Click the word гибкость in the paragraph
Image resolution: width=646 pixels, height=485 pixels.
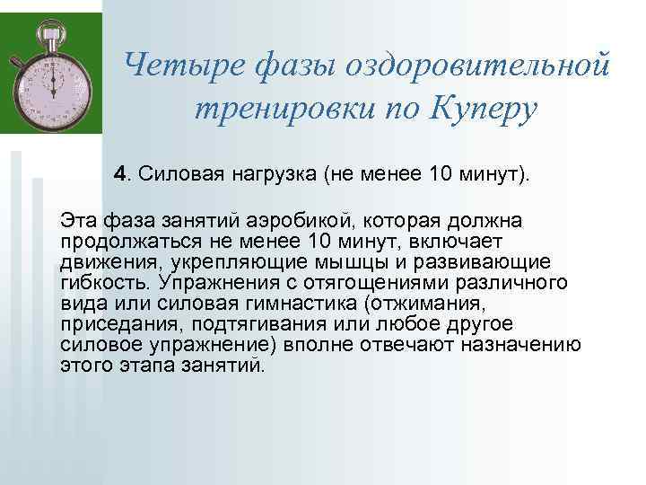96,283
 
